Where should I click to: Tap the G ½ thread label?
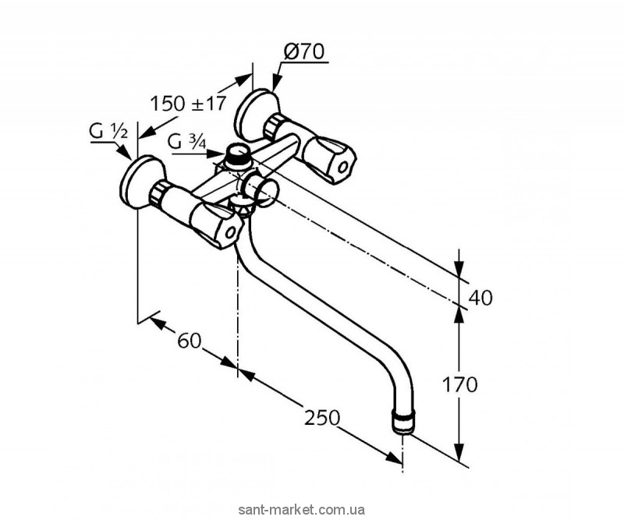pos(108,132)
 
